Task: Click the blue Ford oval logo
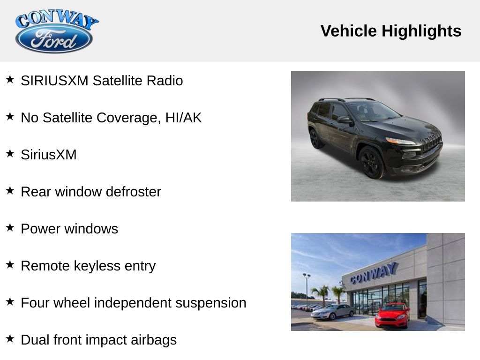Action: click(x=54, y=39)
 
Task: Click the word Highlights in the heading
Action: click(x=421, y=31)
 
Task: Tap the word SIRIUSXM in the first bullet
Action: click(x=54, y=81)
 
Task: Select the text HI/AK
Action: click(x=183, y=118)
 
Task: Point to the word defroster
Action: click(x=134, y=192)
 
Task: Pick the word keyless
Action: click(x=97, y=266)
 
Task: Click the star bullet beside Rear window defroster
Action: click(x=10, y=190)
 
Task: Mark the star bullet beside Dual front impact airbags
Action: click(x=10, y=338)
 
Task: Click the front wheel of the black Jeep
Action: click(x=371, y=162)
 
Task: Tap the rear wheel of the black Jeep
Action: click(x=315, y=139)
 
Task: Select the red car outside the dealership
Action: click(x=392, y=315)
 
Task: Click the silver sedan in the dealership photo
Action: click(x=332, y=312)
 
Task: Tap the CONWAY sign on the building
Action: click(x=374, y=273)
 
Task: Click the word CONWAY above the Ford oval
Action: click(x=57, y=19)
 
